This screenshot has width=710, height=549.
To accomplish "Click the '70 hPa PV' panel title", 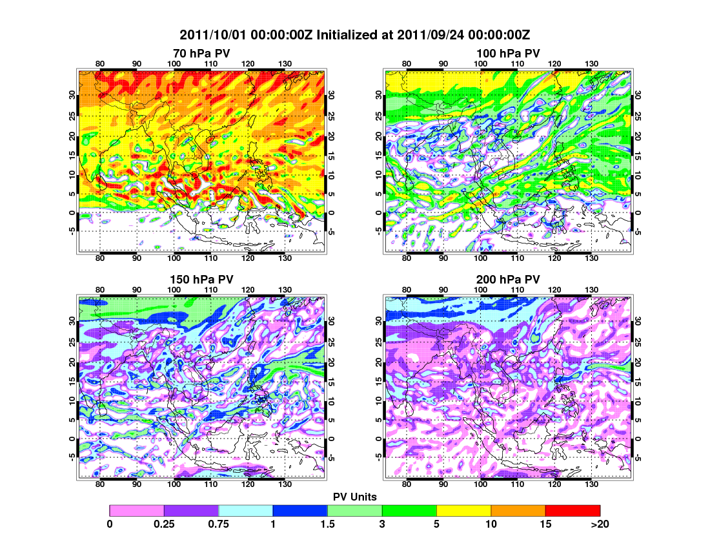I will coord(201,52).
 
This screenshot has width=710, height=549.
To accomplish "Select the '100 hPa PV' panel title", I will coord(508,52).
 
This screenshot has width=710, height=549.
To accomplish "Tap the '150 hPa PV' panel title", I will coord(201,280).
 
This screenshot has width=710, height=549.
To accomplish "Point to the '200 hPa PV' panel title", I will coord(508,280).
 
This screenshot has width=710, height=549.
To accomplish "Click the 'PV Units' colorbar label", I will coord(355,497).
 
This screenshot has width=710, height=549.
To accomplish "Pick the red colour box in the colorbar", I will coord(573,510).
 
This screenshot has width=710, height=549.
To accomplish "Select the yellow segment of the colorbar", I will coord(463,510).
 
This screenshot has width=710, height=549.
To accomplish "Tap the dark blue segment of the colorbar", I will coord(300,510).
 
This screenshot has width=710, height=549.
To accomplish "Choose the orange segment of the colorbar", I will coord(518,510).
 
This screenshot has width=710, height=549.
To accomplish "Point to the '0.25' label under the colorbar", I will coord(164,524).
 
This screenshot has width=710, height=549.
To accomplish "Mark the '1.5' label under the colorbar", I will coord(328,524).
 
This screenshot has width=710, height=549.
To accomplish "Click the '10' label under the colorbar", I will coord(491,524).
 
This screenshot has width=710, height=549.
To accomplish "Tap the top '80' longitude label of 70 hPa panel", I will coord(100,63).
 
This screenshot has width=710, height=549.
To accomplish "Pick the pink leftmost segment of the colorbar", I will coord(137,510).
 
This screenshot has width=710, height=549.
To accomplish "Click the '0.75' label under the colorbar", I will coord(219,524).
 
